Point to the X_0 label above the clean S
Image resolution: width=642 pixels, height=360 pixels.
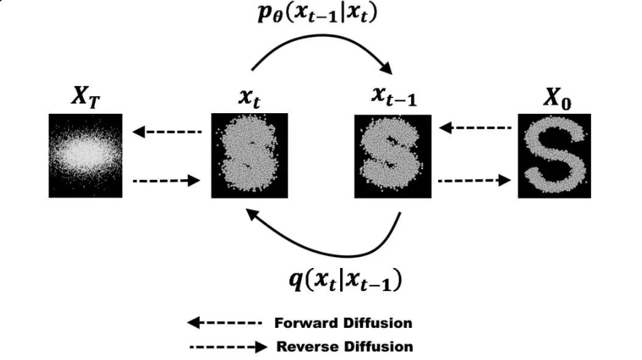coord(556,99)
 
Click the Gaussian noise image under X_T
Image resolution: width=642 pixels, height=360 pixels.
coord(85,155)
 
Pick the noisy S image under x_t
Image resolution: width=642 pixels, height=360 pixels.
coord(247,155)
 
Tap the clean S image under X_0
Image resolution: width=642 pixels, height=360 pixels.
coord(554,155)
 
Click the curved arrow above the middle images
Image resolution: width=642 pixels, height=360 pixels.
coord(321,51)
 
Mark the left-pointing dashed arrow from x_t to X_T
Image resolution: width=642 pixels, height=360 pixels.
coord(168,132)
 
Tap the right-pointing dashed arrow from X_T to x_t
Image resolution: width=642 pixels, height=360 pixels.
coord(168,181)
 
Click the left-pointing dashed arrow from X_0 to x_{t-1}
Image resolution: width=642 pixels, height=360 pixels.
coord(475,127)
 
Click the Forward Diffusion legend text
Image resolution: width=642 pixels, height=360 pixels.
coord(343,322)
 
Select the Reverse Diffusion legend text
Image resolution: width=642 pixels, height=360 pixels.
coord(344,346)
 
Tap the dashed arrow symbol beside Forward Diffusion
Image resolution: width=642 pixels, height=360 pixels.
coord(224,322)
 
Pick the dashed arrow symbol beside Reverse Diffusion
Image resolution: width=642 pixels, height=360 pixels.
coord(228,346)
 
